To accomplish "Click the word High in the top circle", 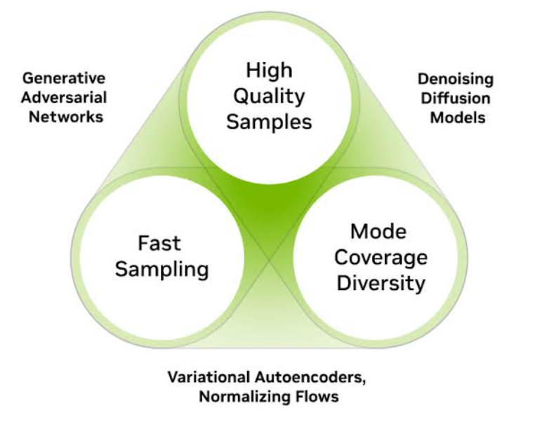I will coord(269,71).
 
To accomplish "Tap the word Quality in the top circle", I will coord(269,96).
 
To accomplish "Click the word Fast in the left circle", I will coord(159,244).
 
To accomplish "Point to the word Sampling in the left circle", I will coord(162,269).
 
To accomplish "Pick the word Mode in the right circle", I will coord(379,232).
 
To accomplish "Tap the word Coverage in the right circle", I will coord(380,257).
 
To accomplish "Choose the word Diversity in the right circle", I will coord(380,283).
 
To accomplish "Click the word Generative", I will coord(63,77).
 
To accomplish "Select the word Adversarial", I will coord(63,97).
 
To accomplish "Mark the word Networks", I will coord(63,117).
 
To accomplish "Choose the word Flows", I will coord(316,397).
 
